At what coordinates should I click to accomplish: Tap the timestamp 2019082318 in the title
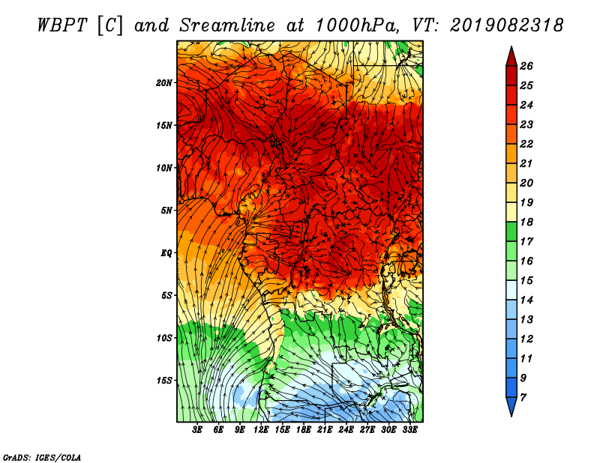point(507,25)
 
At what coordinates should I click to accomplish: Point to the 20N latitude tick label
point(164,82)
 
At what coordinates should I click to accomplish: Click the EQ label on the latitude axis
point(166,253)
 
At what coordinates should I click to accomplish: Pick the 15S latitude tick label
point(164,381)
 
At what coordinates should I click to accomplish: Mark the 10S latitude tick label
point(164,338)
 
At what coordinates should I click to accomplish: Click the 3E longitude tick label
point(198,430)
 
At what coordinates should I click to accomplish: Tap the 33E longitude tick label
point(409,430)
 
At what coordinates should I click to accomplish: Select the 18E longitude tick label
point(304,430)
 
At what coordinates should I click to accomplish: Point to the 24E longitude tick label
point(346,430)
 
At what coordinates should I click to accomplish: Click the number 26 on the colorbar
point(536,67)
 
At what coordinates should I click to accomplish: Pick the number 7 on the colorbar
point(533,397)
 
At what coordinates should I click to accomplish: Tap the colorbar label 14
point(536,300)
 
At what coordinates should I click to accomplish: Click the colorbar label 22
point(536,144)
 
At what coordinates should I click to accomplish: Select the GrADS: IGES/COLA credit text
point(42,456)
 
